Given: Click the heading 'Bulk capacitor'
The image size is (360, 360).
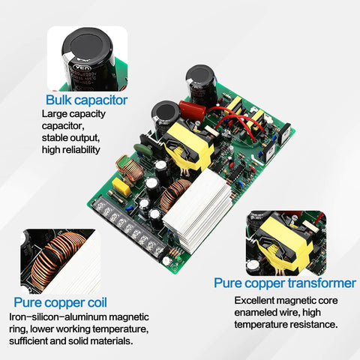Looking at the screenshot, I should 86,100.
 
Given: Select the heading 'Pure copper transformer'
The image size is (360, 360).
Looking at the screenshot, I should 284,283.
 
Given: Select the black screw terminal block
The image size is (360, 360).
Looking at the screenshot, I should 136,229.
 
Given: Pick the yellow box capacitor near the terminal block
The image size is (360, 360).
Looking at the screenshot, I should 121,185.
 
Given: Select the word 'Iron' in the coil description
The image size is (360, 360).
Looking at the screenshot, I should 19,317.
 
